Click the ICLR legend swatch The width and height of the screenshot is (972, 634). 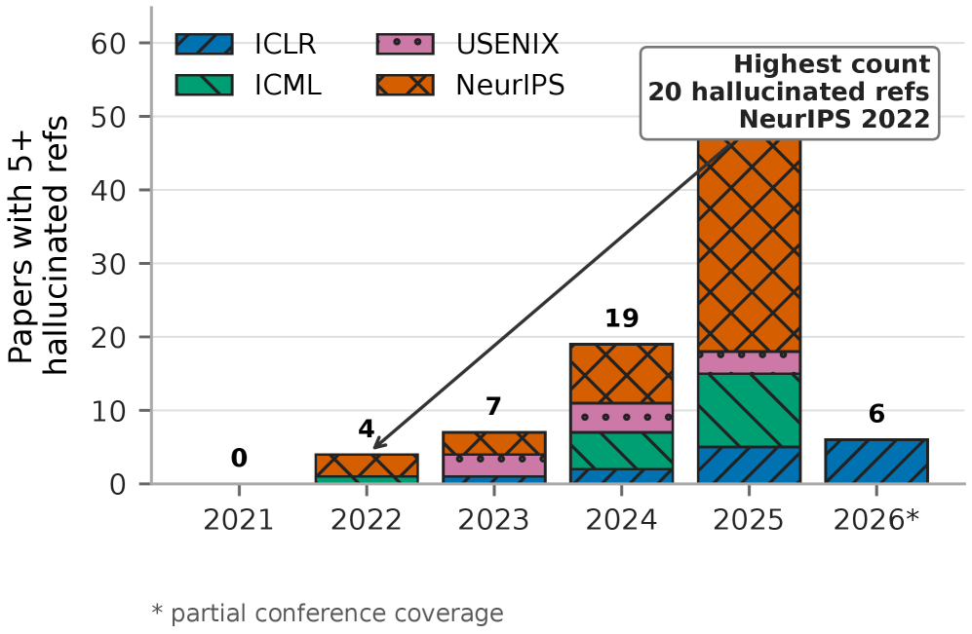205,45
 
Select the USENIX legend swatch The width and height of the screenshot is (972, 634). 406,45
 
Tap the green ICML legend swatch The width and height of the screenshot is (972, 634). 205,86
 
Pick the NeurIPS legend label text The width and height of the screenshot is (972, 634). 510,86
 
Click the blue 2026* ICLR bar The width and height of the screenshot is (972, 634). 876,462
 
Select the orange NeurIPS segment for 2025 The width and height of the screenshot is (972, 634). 749,244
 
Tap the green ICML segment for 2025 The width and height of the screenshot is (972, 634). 749,410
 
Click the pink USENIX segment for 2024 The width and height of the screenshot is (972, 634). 621,417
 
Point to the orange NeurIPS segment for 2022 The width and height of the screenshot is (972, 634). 367,465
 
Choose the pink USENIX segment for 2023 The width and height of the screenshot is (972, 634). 494,465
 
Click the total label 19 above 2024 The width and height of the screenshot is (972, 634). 621,318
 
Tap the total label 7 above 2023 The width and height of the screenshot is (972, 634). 493,407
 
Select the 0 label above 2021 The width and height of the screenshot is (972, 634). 239,459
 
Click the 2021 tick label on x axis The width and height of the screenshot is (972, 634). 239,520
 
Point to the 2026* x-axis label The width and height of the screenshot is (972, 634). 875,520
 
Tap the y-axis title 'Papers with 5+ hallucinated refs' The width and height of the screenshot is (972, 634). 38,245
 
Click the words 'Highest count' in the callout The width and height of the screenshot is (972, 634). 832,64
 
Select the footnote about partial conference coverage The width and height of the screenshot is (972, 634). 328,614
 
